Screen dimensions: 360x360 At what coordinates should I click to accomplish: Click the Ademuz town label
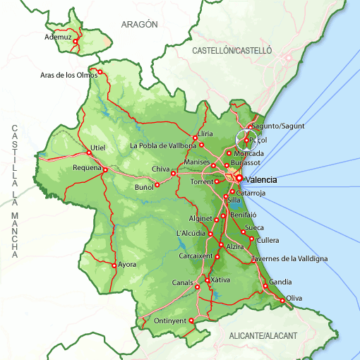pyautogui.click(x=58, y=36)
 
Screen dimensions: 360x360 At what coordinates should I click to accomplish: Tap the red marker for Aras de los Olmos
pyautogui.click(x=100, y=71)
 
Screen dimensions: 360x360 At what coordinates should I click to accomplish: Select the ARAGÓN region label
pyautogui.click(x=139, y=24)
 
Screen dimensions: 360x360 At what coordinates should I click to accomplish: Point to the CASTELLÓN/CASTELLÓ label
pyautogui.click(x=232, y=51)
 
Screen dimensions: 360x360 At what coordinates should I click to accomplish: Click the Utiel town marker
pyautogui.click(x=89, y=152)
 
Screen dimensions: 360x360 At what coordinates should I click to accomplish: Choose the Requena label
pyautogui.click(x=88, y=168)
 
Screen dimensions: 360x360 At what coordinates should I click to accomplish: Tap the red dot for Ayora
pyautogui.click(x=114, y=265)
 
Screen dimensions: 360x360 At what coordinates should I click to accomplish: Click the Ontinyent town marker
pyautogui.click(x=191, y=320)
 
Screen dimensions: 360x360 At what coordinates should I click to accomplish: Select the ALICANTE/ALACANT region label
pyautogui.click(x=263, y=335)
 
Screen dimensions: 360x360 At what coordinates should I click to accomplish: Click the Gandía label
pyautogui.click(x=280, y=282)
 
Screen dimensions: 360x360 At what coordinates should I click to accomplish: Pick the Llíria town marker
pyautogui.click(x=194, y=138)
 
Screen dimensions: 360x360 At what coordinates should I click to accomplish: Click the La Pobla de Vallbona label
pyautogui.click(x=163, y=146)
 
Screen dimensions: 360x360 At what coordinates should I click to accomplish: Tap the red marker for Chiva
pyautogui.click(x=173, y=173)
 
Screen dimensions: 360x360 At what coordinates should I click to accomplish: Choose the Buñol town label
pyautogui.click(x=144, y=187)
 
